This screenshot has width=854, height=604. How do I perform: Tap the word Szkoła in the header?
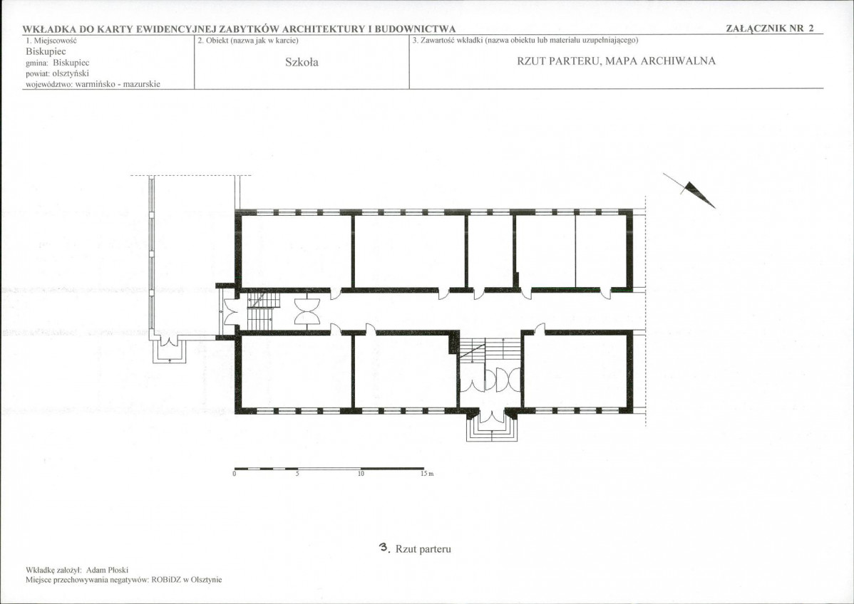tap(302, 62)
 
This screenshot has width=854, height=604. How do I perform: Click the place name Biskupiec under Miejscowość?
tap(46, 52)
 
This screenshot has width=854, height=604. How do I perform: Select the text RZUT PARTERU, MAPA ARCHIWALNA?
tap(616, 61)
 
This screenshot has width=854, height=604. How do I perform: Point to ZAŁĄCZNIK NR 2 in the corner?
tap(770, 28)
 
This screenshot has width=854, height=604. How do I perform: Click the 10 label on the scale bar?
tap(361, 474)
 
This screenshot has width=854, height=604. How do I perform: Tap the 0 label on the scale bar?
tap(235, 474)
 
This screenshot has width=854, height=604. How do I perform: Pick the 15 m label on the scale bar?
tap(427, 474)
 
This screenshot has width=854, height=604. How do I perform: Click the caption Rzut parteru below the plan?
tap(423, 549)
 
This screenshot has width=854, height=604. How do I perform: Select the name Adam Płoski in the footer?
tap(108, 571)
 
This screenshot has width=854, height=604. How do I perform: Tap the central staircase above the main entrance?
tap(490, 348)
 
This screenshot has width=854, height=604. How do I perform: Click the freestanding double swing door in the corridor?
tap(307, 312)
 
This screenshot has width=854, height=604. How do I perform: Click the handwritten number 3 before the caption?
tap(384, 548)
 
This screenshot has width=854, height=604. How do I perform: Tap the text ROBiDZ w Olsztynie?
tap(187, 580)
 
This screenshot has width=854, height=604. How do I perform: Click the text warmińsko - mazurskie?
tap(118, 84)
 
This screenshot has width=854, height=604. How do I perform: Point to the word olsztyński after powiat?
tap(71, 73)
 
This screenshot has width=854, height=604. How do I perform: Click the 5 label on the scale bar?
tap(297, 474)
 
